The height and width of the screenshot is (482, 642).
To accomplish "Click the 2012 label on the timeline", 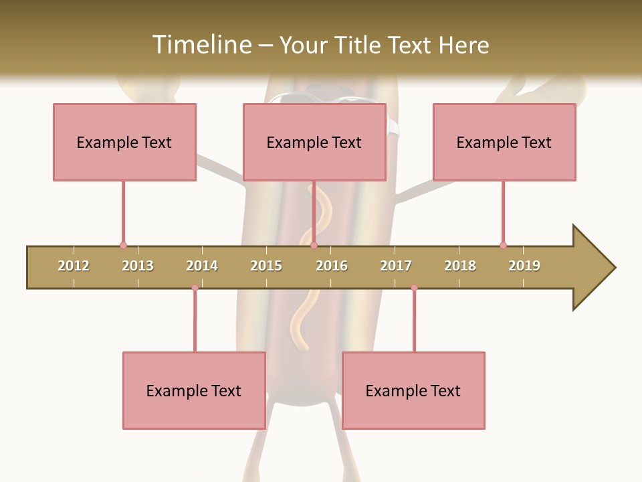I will click(x=74, y=266).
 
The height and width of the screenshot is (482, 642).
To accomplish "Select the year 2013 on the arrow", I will click(x=138, y=266).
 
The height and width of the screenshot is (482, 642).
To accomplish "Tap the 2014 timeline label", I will click(x=202, y=266).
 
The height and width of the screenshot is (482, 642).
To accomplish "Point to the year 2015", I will click(x=266, y=266).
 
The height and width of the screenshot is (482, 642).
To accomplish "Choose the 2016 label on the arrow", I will click(x=332, y=266).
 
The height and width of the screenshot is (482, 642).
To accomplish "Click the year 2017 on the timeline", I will click(x=396, y=266).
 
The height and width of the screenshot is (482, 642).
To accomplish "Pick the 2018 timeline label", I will click(x=460, y=266).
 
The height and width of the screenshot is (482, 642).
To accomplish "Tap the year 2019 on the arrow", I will click(x=524, y=266).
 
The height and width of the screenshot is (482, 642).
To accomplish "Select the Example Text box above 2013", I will click(x=124, y=142).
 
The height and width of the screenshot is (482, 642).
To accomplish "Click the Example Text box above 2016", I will click(x=314, y=142).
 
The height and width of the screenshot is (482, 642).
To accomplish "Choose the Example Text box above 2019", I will click(x=504, y=142).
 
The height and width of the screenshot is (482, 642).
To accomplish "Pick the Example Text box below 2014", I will click(x=194, y=390).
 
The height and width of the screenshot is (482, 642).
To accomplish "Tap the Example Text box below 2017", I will click(x=413, y=390).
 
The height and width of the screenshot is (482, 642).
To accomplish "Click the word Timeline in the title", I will click(x=200, y=45).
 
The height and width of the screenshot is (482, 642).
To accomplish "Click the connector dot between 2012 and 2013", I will click(x=123, y=245).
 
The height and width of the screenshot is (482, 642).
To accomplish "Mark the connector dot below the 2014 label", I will click(x=195, y=288).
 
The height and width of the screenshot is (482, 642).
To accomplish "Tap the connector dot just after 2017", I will click(x=414, y=288).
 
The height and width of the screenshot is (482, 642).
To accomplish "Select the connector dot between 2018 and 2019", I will click(x=503, y=245).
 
